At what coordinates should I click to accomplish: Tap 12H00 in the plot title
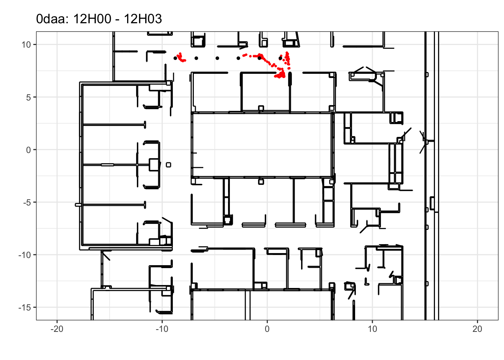[92, 19]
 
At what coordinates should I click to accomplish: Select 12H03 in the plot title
[143, 19]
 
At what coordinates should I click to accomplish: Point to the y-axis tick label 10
[26, 45]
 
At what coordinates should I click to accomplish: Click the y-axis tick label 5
[28, 97]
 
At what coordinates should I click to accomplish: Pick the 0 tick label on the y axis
[28, 150]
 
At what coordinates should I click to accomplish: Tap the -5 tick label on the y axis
[27, 202]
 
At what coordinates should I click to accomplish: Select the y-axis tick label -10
[25, 255]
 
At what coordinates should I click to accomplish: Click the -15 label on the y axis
[25, 307]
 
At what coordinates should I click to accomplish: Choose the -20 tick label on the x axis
[57, 329]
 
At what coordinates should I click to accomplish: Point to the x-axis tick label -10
[162, 329]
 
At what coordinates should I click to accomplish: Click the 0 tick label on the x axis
[267, 329]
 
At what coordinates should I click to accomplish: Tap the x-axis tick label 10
[372, 329]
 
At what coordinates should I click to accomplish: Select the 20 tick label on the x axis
[477, 329]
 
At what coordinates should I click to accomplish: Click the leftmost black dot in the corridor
[175, 58]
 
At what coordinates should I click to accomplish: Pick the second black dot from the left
[196, 58]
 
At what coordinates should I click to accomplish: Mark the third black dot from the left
[217, 58]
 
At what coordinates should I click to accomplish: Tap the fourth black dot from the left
[238, 58]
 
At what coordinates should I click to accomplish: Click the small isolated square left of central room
[168, 165]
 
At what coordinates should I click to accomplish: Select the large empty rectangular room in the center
[262, 145]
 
